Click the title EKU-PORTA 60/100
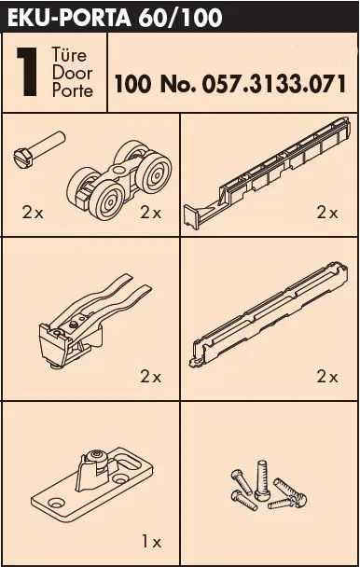point(115,18)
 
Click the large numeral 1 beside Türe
point(27,72)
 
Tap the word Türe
point(69,55)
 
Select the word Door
point(72,73)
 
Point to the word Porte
point(73,90)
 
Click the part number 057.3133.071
point(274,84)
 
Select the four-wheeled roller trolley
point(119,180)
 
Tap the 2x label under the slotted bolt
point(33,213)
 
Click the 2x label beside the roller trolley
point(150,213)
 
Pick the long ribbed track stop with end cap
point(267,173)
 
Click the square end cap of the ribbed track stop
point(191,216)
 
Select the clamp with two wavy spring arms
point(95,321)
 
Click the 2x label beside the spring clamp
point(150,377)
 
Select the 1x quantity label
point(151,542)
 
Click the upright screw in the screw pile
point(261,480)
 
